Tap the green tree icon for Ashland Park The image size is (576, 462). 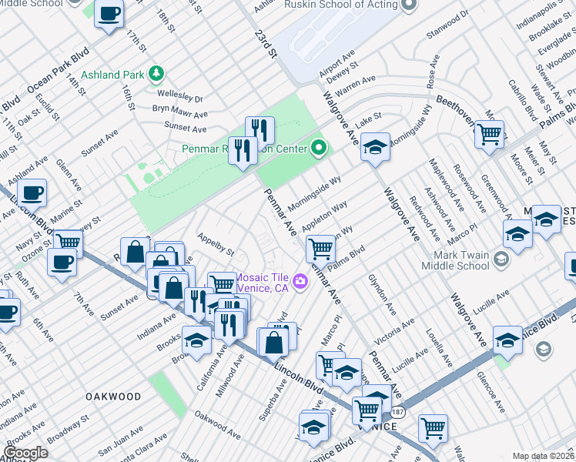(x=157, y=74)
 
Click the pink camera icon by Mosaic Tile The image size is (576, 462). (x=300, y=282)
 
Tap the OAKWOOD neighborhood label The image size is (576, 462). (x=113, y=397)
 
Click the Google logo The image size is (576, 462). (x=25, y=452)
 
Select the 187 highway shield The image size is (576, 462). (x=395, y=413)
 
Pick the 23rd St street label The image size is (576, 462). (x=266, y=44)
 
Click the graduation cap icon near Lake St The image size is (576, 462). (x=374, y=146)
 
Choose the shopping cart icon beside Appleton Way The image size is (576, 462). (x=320, y=248)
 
